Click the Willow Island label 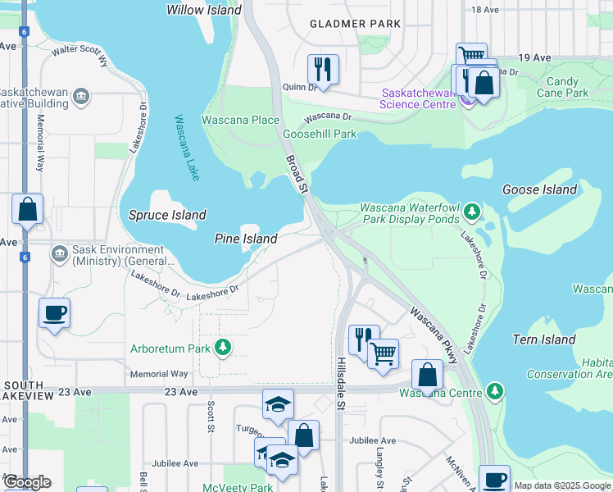[204, 11]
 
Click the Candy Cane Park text [567, 87]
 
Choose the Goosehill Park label [320, 134]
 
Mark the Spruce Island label [167, 215]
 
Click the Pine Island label [246, 239]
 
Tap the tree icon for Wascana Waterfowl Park [472, 212]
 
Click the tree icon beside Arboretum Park [222, 348]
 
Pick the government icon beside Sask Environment [59, 253]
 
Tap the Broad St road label [296, 174]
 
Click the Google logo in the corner [27, 482]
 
